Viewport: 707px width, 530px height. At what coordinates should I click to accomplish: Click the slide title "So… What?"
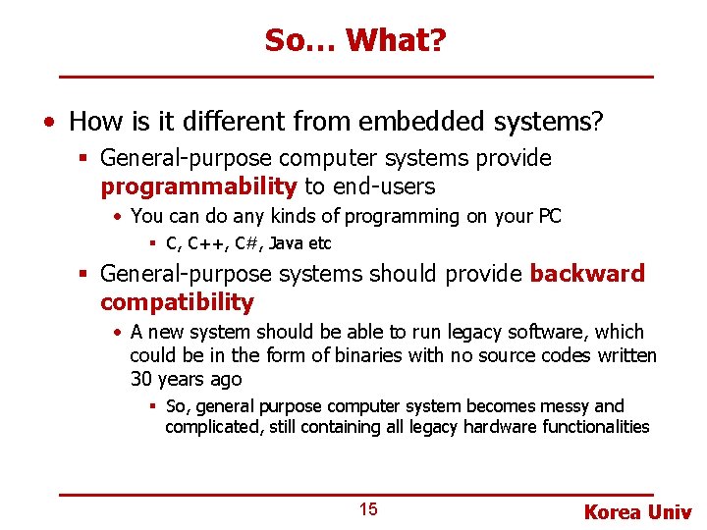(x=354, y=40)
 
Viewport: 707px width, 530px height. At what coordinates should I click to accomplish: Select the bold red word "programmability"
(x=198, y=186)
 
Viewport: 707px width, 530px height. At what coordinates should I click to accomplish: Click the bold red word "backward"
(x=587, y=274)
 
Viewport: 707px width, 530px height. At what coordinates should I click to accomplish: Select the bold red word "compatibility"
(x=177, y=302)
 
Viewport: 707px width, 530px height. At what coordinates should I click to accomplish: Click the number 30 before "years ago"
(x=141, y=379)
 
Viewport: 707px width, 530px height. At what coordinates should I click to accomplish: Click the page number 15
(x=367, y=509)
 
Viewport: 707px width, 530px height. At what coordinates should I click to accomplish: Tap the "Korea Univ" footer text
(x=637, y=512)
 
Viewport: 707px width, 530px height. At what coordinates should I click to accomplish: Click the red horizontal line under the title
(x=355, y=77)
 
